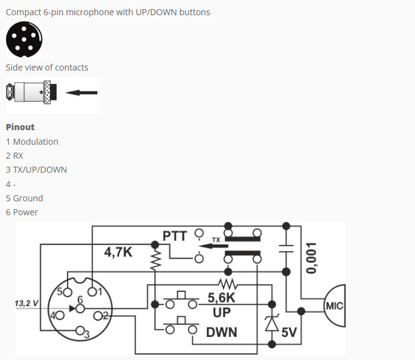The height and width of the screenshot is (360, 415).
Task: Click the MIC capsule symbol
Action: (x=333, y=306)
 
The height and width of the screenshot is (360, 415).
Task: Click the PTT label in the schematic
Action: (x=175, y=235)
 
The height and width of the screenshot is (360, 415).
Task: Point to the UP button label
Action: (x=221, y=313)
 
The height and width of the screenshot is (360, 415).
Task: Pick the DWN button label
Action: (x=221, y=332)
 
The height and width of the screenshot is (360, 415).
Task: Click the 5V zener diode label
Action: (x=288, y=332)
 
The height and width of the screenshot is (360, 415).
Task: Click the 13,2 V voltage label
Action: (x=27, y=303)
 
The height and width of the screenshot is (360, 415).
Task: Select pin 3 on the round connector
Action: (x=80, y=331)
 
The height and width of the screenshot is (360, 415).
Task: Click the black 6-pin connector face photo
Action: (x=24, y=40)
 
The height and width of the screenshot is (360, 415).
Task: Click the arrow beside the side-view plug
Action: (x=82, y=93)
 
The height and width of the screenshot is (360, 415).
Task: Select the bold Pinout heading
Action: (x=20, y=127)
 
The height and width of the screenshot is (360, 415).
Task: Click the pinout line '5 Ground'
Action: (x=24, y=198)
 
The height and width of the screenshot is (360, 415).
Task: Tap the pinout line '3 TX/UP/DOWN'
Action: (x=37, y=170)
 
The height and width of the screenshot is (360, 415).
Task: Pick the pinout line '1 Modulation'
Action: (x=32, y=142)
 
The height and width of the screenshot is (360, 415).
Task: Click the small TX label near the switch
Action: (x=215, y=240)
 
